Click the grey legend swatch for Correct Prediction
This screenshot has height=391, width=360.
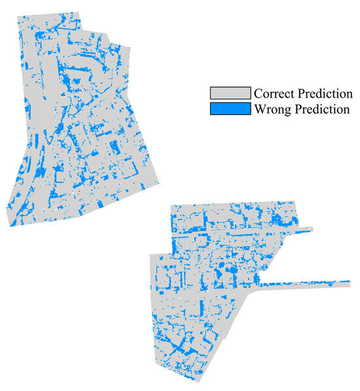coord(230,92)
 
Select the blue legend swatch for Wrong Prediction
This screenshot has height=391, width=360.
coord(230,108)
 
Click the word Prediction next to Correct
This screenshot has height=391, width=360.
coord(325,93)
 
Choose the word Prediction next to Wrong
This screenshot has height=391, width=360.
coord(321,109)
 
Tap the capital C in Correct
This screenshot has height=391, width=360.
coord(259,93)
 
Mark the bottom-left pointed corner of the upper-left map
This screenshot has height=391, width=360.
coord(10,226)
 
